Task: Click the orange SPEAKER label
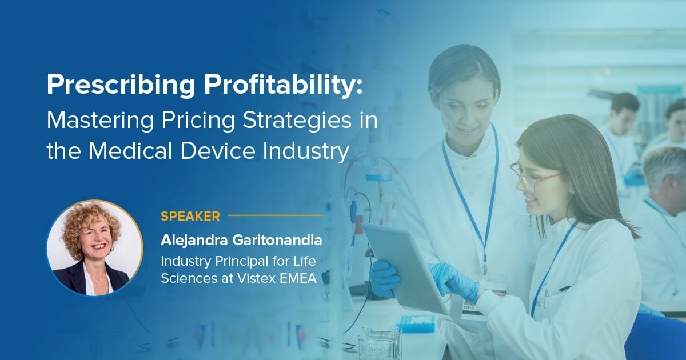tap(190, 216)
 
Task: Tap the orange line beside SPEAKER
tap(275, 216)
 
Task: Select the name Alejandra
tap(193, 241)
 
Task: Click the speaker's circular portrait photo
tap(95, 249)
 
